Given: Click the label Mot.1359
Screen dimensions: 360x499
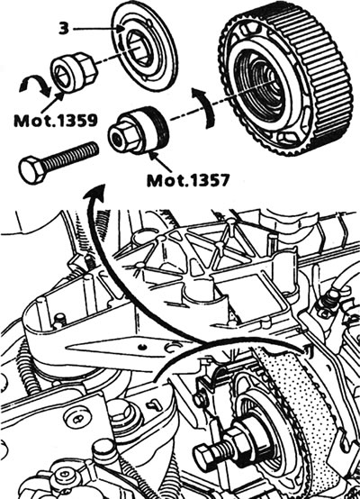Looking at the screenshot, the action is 56,121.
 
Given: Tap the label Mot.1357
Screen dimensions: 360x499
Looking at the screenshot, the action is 188,180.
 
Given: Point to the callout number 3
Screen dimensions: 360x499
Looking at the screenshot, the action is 64,29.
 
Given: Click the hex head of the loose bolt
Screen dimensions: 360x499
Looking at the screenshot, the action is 32,169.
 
